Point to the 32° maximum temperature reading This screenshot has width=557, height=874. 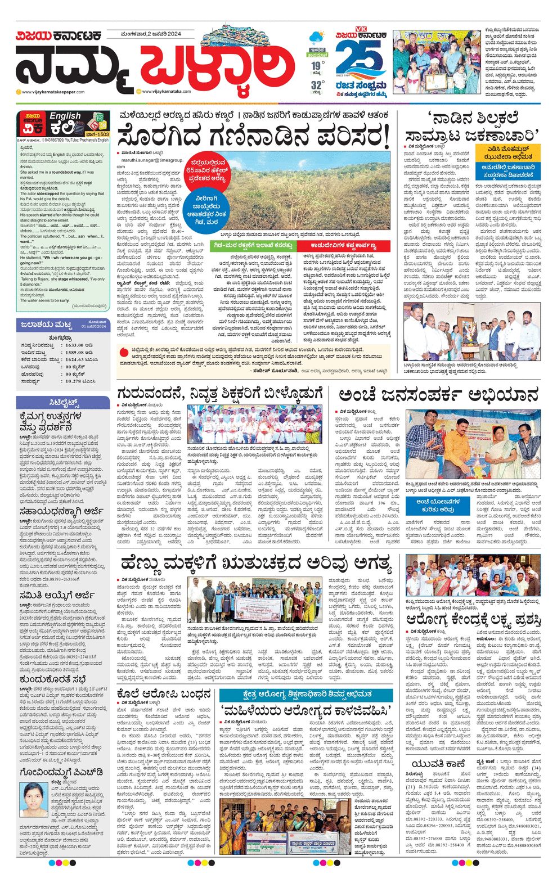[317, 85]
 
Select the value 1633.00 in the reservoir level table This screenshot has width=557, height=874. [74, 345]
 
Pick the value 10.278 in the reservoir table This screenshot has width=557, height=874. [73, 381]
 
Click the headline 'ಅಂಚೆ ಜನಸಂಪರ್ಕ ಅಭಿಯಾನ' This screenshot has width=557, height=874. [438, 395]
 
